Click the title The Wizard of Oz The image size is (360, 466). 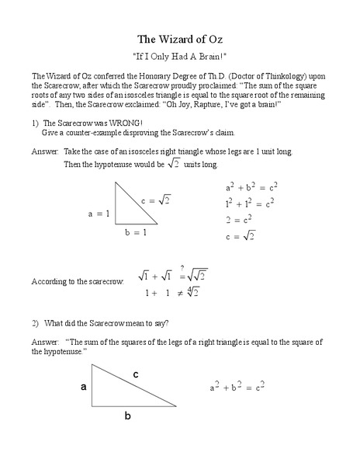click(x=179, y=39)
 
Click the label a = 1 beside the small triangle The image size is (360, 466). click(x=99, y=213)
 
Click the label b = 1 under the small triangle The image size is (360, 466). click(x=135, y=231)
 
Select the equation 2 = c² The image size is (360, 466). click(x=239, y=220)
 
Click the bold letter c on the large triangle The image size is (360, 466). click(x=136, y=374)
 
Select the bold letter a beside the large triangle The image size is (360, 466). click(x=83, y=385)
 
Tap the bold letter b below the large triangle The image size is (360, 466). click(x=127, y=416)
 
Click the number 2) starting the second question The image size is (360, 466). click(x=35, y=322)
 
